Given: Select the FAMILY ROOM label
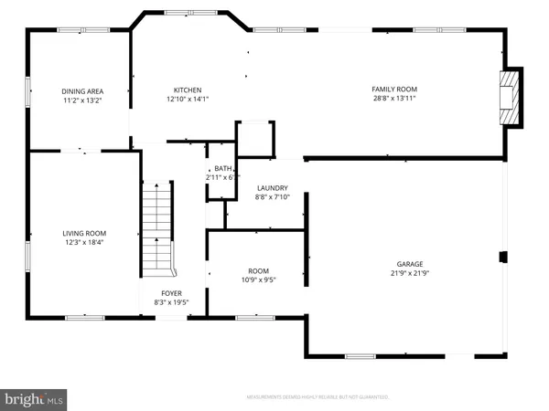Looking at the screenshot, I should pos(393,90).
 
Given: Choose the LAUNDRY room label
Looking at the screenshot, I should pos(272,187).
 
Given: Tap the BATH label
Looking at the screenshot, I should pos(224,168).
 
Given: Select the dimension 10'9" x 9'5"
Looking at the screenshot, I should pos(258,280).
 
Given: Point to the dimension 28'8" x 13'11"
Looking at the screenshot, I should pos(393,99).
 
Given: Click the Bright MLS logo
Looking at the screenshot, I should pos(35,398).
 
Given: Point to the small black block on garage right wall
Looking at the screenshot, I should pos(501,258).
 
